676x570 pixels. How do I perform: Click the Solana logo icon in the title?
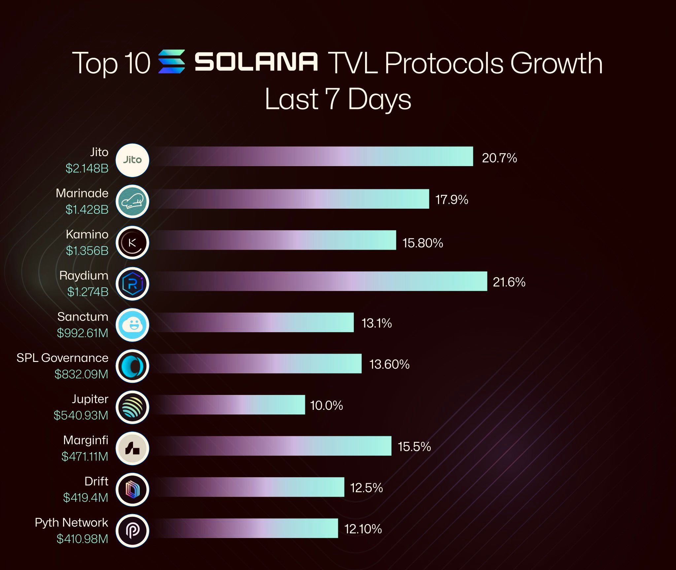click(171, 61)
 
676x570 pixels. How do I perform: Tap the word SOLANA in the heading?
click(256, 61)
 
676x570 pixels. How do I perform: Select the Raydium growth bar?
click(319, 281)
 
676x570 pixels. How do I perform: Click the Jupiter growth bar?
click(228, 405)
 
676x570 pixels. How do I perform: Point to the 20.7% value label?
click(499, 158)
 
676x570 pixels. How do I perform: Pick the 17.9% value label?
click(452, 200)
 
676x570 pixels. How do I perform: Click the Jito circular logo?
click(132, 160)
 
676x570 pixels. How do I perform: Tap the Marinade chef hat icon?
click(132, 201)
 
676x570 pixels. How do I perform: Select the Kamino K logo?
click(132, 243)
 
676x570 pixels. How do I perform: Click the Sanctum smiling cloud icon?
click(132, 325)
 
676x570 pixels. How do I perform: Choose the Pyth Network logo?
click(132, 531)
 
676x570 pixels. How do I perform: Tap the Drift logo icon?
click(132, 489)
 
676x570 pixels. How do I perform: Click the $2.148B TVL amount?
click(87, 168)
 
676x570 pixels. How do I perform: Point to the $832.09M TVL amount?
click(82, 374)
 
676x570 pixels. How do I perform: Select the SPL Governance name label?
click(62, 358)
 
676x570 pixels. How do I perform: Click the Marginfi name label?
click(86, 440)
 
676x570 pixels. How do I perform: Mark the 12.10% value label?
click(363, 529)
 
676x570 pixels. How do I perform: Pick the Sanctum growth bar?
click(253, 323)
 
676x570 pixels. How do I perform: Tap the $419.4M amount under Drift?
click(86, 498)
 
